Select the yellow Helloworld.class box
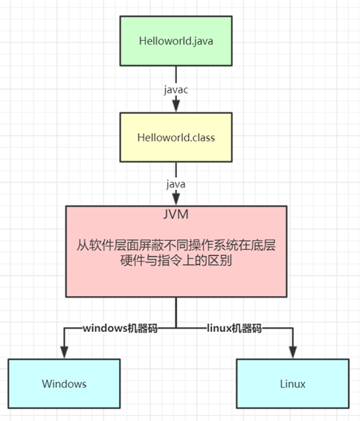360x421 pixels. (176, 138)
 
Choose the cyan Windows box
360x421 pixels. (64, 384)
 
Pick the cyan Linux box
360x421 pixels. (292, 384)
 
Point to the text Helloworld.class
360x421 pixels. (176, 138)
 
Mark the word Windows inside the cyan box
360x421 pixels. (64, 384)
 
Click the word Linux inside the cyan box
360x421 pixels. (292, 384)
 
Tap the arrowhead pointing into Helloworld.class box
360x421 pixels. (176, 106)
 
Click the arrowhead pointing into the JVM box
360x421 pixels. (176, 199)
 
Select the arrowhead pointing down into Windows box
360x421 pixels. (64, 352)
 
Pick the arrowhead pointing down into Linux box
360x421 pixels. (292, 352)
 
